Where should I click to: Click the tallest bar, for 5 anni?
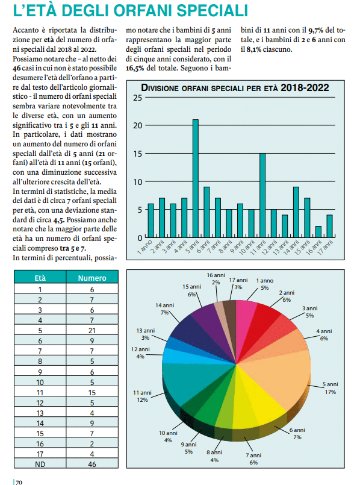pos(196,178)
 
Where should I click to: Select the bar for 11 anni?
pos(262,195)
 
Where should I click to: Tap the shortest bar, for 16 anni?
pos(318,232)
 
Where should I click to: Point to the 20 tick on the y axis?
pos(138,125)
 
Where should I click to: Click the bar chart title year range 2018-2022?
pos(305,87)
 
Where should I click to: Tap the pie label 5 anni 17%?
pos(331,388)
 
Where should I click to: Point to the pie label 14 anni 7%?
pos(164,309)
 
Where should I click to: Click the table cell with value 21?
pos(92,331)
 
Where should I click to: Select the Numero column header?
pos(92,278)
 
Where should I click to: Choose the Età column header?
pos(40,278)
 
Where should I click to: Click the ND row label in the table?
pos(40,465)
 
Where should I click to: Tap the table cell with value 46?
pos(92,465)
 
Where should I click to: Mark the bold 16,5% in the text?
pos(135,68)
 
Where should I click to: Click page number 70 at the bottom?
pos(19,482)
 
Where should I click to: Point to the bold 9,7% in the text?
pos(316,30)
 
